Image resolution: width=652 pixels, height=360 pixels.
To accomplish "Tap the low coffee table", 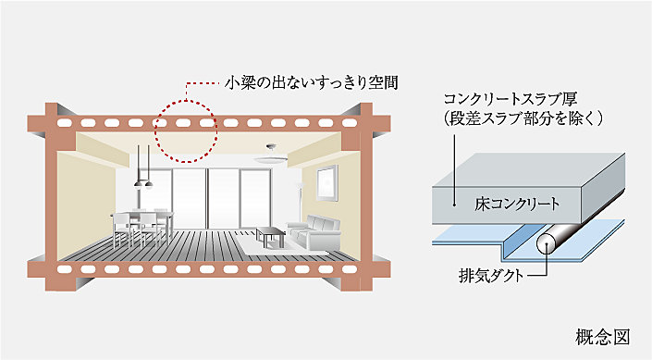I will [270, 234].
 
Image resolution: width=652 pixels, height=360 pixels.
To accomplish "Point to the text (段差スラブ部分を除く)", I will [523, 118].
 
